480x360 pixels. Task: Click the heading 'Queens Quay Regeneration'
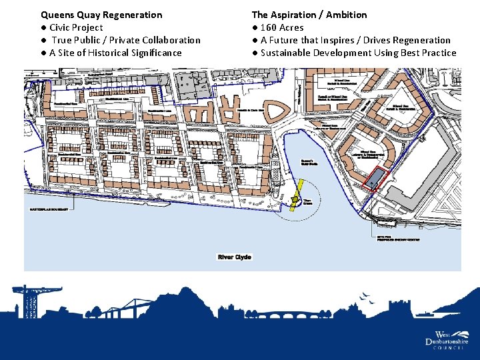click(x=101, y=15)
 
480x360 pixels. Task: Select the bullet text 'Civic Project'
click(x=76, y=27)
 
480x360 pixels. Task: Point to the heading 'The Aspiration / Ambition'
click(x=309, y=15)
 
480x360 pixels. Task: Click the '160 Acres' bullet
click(x=282, y=27)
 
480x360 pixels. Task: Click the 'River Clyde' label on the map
click(x=235, y=257)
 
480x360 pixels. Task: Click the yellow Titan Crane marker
click(x=295, y=199)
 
